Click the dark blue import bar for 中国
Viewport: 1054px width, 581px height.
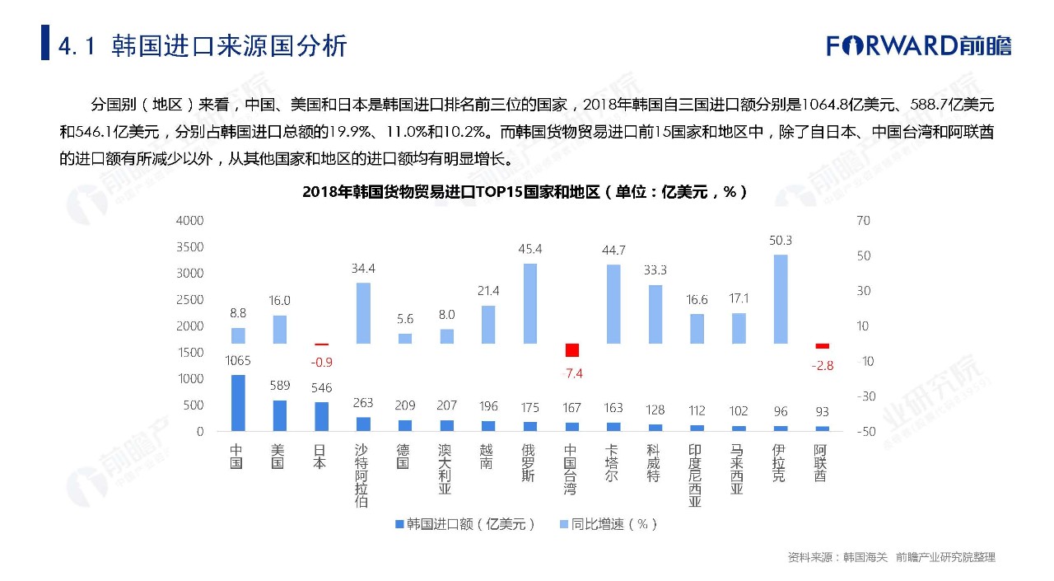click(x=237, y=403)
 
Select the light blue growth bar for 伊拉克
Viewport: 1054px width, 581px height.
click(x=780, y=299)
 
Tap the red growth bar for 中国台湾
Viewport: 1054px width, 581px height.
click(x=571, y=349)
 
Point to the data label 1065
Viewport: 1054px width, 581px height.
click(x=237, y=361)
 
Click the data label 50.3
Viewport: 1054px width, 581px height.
click(x=780, y=241)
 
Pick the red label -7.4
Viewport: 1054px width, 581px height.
click(x=571, y=373)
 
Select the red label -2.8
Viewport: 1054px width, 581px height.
click(x=822, y=366)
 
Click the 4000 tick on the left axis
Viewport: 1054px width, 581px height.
click(x=189, y=221)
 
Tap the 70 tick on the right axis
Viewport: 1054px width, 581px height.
click(x=863, y=221)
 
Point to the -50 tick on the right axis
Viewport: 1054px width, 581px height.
click(x=865, y=431)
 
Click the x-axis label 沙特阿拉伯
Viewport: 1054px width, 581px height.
click(x=361, y=476)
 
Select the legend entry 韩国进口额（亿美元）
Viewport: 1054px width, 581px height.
click(x=465, y=524)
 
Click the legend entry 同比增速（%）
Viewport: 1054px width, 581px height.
click(x=609, y=524)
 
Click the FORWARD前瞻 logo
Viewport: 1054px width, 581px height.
click(x=919, y=45)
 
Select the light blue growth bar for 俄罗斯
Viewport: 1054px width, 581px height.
click(x=530, y=303)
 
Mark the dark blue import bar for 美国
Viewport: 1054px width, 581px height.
click(x=279, y=415)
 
